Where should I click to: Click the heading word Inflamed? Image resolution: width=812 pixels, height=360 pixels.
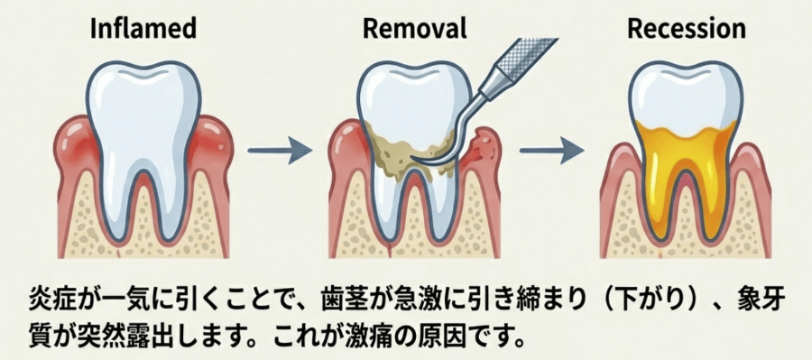tap(143, 28)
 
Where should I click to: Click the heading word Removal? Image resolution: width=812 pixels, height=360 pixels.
tap(414, 28)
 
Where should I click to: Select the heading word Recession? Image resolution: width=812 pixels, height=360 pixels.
tap(687, 28)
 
